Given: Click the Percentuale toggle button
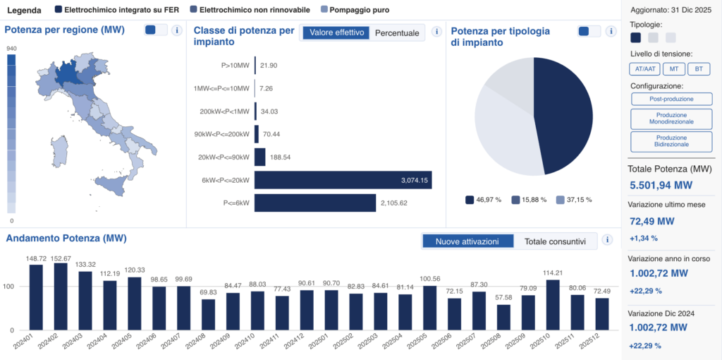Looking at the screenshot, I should tap(397, 32).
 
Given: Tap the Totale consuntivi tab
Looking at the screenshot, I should tap(555, 241).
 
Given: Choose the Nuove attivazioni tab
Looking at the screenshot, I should tap(467, 241).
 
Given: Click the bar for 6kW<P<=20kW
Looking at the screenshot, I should tap(343, 180).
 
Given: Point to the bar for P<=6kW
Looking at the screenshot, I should tap(314, 203).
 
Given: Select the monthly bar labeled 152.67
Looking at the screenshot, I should tap(61, 296).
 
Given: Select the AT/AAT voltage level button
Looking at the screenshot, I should tap(643, 68).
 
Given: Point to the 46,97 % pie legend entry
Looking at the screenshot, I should tap(483, 200).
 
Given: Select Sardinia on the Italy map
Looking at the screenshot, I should tap(61, 150).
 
